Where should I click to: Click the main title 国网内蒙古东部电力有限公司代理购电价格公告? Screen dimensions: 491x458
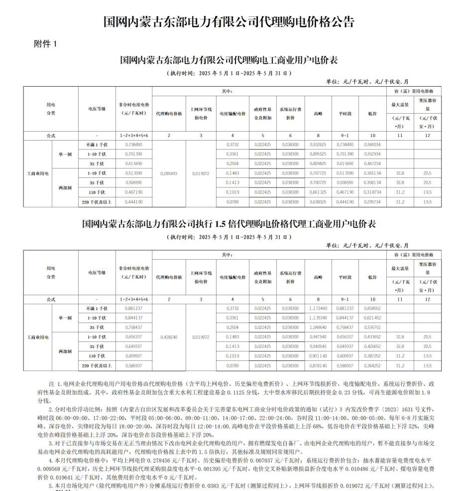click(229, 21)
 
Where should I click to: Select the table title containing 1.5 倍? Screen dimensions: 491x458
click(229, 224)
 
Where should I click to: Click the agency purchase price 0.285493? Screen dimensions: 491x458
click(169, 173)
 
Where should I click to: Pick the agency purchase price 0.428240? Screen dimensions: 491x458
click(169, 337)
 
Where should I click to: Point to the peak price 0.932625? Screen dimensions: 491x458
click(317, 145)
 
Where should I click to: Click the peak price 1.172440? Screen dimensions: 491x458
click(317, 308)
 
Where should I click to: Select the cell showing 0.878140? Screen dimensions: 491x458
click(317, 366)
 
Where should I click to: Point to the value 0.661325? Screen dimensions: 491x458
click(317, 192)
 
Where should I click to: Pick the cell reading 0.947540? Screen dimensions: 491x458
click(317, 337)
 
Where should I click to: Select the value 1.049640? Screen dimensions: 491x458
click(317, 327)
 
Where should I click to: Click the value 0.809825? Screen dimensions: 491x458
click(317, 164)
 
